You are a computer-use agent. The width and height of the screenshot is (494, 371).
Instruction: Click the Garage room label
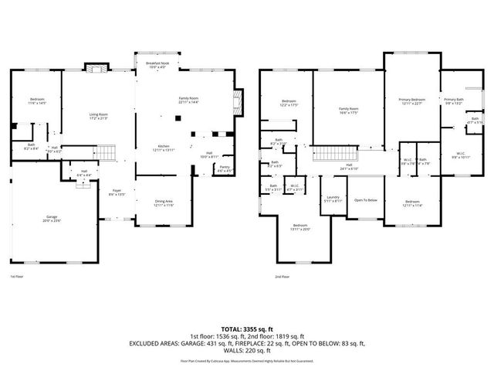(52, 219)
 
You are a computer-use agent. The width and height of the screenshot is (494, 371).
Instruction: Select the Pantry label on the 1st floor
(225, 168)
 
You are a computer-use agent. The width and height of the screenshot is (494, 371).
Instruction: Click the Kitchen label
(164, 148)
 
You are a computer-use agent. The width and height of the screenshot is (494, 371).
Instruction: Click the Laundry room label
(333, 199)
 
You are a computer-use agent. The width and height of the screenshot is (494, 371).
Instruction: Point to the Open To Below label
(365, 200)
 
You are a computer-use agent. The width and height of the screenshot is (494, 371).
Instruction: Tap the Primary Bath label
(454, 101)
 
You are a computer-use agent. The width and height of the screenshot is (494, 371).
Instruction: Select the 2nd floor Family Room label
(349, 111)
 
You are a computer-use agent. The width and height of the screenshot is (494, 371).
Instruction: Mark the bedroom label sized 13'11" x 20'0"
(299, 227)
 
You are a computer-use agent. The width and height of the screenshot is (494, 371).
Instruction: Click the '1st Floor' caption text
(17, 276)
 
